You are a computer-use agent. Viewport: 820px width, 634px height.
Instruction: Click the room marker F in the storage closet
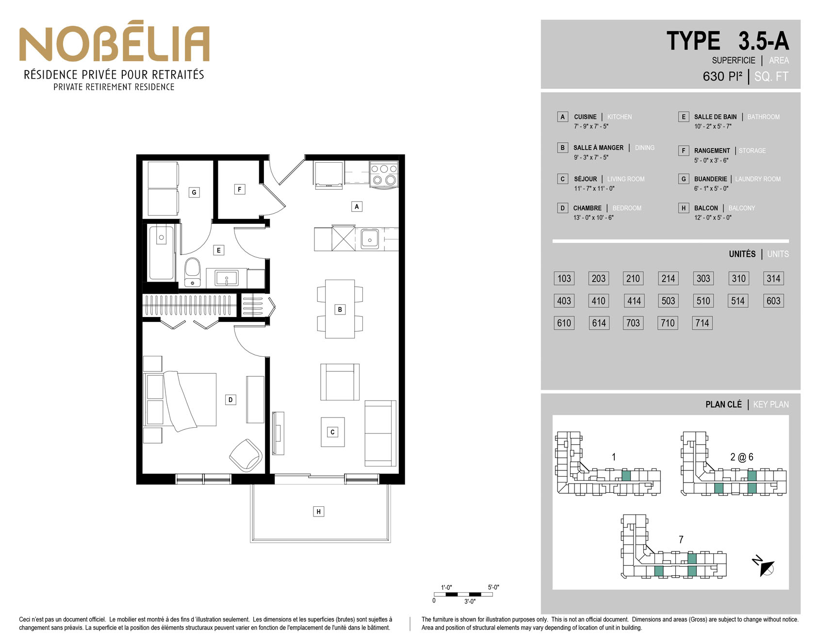click(239, 189)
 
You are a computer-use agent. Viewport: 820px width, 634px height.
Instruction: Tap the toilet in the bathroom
click(193, 272)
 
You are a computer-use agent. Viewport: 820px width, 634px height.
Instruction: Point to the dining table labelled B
click(340, 309)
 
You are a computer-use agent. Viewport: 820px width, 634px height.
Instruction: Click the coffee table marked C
click(332, 432)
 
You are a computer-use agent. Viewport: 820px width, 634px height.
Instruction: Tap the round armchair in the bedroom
click(246, 455)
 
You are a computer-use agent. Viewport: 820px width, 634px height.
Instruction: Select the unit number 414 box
click(634, 301)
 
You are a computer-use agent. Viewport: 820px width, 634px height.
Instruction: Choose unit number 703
click(633, 323)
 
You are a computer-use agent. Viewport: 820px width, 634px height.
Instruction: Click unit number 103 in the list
click(564, 279)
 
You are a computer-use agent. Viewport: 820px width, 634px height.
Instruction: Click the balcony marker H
click(318, 511)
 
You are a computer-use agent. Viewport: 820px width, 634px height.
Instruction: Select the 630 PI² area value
click(722, 77)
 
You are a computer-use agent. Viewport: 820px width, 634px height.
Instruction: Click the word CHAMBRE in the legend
click(587, 208)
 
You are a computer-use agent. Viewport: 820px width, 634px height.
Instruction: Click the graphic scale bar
click(463, 594)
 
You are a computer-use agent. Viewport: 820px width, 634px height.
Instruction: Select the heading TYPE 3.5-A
click(728, 41)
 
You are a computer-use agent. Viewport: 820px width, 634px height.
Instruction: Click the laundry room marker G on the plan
click(194, 192)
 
